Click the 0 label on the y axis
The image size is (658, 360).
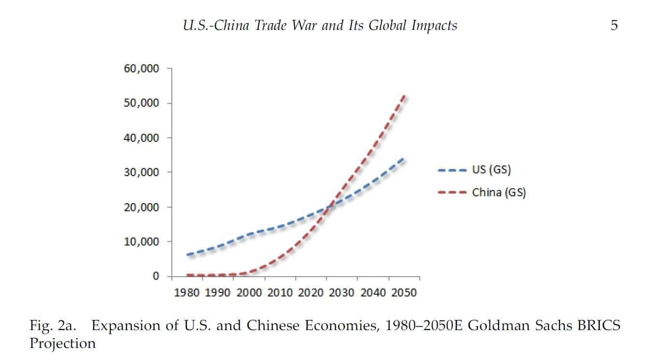155,276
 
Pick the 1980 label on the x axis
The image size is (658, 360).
186,292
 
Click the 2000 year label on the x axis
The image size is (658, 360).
249,292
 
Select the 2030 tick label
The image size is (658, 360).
342,292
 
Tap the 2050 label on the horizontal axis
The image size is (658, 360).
404,292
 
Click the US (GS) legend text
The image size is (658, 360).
491,170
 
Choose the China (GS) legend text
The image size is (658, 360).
499,193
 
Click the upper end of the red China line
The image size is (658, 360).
404,97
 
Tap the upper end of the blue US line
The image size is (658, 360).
403,158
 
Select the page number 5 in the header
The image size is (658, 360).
614,26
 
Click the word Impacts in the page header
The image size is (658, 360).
434,26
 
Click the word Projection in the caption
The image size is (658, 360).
62,344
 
